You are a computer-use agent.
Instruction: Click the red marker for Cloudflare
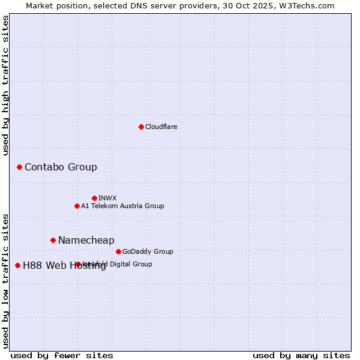point(141,127)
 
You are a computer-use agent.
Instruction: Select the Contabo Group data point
point(19,167)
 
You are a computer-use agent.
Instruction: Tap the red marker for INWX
point(94,198)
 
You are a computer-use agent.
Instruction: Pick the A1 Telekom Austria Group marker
point(77,206)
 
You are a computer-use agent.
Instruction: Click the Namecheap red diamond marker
point(53,240)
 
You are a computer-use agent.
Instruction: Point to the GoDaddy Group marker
point(118,251)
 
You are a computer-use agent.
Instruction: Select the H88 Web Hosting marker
point(17,265)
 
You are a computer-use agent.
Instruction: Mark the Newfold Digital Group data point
point(78,264)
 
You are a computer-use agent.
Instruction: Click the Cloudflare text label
point(161,127)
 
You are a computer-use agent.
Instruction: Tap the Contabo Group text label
point(61,167)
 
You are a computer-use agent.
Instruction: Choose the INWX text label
point(107,198)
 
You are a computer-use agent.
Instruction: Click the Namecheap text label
point(86,240)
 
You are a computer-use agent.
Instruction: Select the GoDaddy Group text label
point(148,251)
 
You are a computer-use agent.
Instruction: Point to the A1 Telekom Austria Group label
point(122,206)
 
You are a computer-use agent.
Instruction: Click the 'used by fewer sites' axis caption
point(62,355)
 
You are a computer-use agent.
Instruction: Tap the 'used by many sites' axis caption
point(301,355)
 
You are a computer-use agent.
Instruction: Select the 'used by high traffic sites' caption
point(6,85)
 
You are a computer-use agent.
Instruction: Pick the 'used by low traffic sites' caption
point(6,280)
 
